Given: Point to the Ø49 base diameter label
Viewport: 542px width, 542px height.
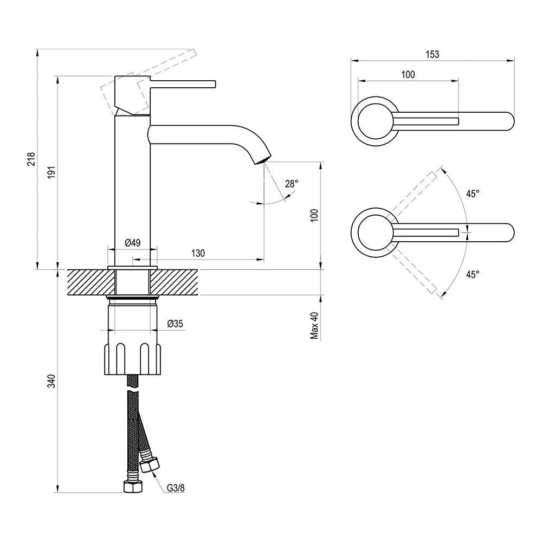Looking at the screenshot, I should point(132,243).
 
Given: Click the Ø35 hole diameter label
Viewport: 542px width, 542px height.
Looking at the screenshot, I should point(175,324).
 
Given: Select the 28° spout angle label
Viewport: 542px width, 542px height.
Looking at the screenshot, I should point(291,184).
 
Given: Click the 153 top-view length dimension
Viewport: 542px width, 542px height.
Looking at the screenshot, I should point(432,54).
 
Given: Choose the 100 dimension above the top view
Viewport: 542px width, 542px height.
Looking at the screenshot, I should point(408,75).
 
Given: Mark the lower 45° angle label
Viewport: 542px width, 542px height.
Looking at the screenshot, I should point(473,274).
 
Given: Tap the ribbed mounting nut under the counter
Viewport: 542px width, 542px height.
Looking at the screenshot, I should point(133,358).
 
